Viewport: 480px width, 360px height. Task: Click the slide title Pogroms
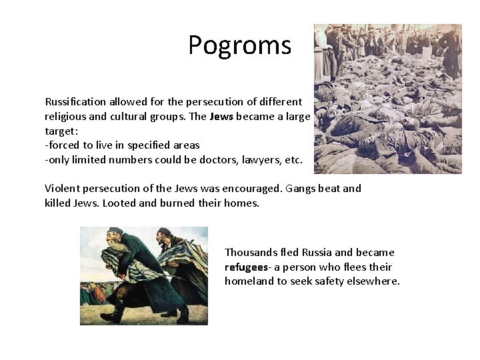point(239,45)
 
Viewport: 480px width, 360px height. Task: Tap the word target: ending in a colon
point(61,131)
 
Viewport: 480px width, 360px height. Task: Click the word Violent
point(63,189)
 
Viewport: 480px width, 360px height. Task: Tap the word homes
point(242,203)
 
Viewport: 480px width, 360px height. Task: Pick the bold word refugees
point(248,267)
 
